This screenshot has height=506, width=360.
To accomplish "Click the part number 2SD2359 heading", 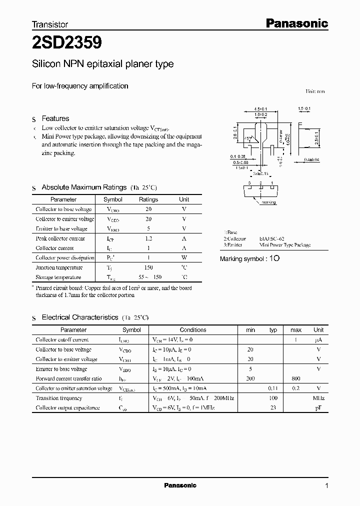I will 67,43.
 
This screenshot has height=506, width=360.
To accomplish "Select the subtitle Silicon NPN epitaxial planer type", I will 102,64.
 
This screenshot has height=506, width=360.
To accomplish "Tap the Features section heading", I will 55,118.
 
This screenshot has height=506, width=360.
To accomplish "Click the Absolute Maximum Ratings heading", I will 83,187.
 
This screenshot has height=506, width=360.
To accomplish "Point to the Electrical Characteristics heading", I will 79,317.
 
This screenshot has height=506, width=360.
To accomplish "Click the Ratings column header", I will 148,199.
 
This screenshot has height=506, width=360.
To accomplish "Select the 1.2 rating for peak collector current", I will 148,238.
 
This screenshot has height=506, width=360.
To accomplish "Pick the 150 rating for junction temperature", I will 148,267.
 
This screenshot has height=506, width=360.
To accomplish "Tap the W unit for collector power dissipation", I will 184,258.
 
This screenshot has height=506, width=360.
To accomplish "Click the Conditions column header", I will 193,330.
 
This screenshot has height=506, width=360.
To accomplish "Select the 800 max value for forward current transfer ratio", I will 296,378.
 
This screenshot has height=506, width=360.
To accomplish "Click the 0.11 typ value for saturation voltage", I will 273,388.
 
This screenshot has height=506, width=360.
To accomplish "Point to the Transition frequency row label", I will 58,398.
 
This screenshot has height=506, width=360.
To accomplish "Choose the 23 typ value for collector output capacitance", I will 273,407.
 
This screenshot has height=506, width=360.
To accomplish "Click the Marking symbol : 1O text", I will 249,259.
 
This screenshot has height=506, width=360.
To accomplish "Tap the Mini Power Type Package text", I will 284,245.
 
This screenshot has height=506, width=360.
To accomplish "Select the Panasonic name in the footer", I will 180,485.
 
